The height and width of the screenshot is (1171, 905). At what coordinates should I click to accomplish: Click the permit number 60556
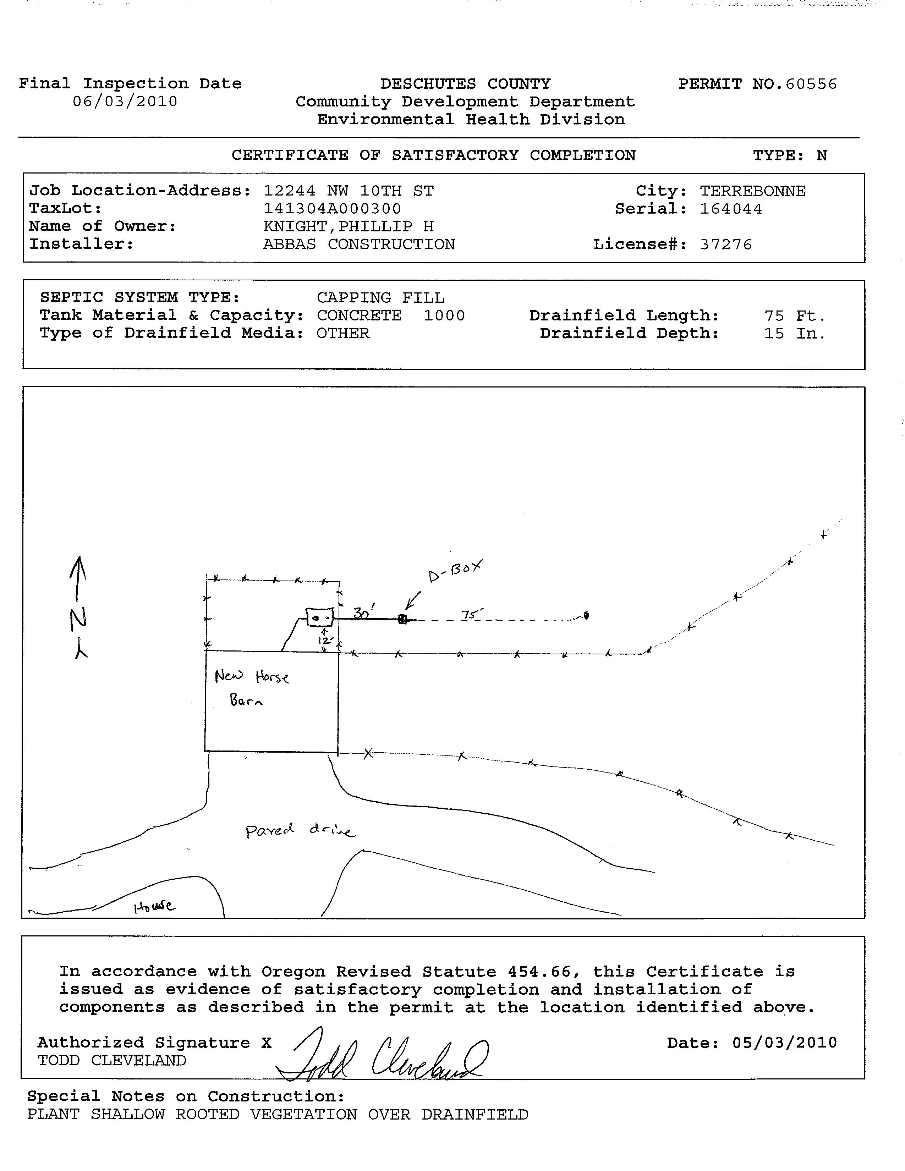pos(811,84)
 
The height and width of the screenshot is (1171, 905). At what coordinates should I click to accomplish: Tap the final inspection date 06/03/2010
pos(125,102)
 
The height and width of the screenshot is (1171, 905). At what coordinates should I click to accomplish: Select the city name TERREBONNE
pos(752,191)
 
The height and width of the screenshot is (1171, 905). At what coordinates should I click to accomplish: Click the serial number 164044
pos(731,209)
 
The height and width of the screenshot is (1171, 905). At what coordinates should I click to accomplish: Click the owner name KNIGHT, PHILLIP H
pos(349,227)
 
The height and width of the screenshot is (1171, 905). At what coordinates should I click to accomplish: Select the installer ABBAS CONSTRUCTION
pos(359,244)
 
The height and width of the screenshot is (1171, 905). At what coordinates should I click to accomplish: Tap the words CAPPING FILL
pos(380,298)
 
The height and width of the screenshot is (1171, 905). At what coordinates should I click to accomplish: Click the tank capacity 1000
pos(444,316)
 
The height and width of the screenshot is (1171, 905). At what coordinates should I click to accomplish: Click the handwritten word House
pos(154,906)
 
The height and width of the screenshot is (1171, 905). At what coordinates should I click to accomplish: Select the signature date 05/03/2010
pos(784,1043)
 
